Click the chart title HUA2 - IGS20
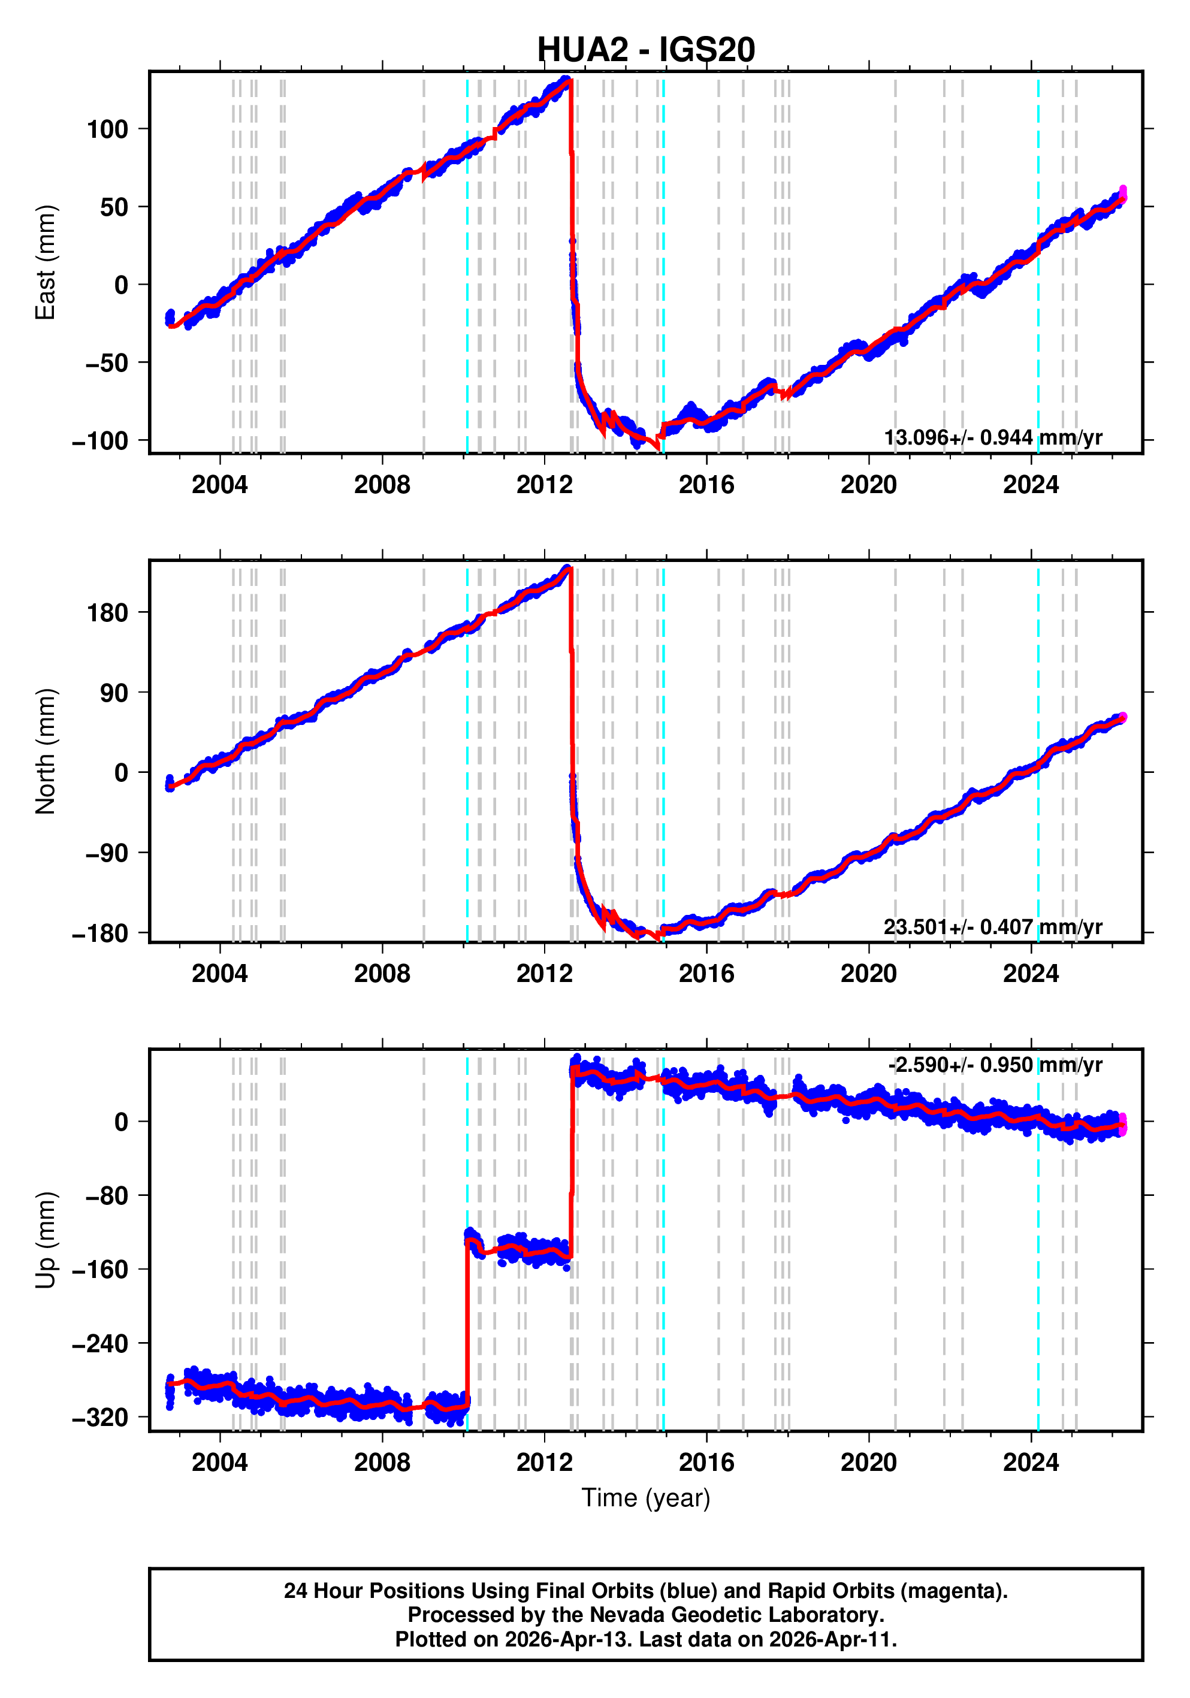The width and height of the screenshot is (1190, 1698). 646,50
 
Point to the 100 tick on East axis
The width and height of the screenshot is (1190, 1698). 107,129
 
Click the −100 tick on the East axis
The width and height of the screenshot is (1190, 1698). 100,441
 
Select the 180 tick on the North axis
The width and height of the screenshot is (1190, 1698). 107,613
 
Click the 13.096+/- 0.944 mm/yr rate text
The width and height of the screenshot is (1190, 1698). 992,438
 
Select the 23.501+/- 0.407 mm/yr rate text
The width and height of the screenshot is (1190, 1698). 992,927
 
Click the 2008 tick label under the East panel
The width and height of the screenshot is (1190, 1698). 382,485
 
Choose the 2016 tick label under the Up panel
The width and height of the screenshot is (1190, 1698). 706,1463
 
